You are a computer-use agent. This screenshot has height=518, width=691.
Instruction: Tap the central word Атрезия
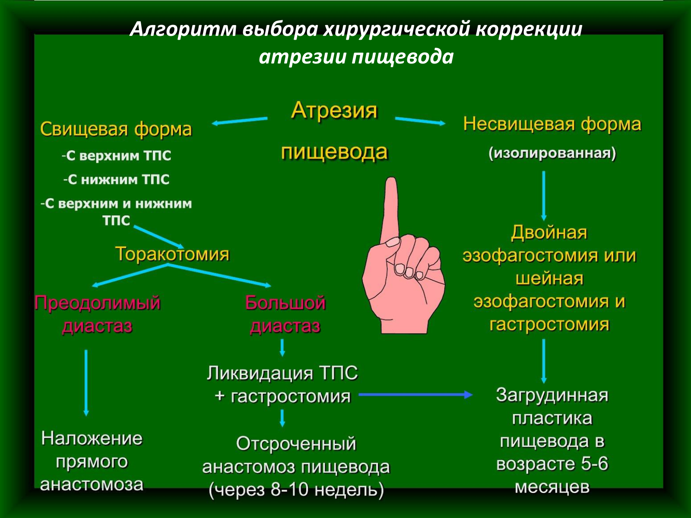click(334, 111)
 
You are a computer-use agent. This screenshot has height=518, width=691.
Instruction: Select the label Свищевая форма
click(116, 129)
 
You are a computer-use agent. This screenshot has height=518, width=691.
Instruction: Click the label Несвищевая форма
click(552, 124)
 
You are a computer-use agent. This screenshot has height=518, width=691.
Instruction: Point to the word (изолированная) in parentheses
click(552, 154)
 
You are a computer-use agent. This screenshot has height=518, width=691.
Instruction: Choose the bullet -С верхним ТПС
click(117, 156)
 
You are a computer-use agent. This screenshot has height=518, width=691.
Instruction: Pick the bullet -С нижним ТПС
click(117, 180)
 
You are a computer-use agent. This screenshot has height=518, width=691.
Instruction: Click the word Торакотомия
click(172, 254)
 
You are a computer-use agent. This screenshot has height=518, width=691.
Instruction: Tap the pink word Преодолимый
click(98, 303)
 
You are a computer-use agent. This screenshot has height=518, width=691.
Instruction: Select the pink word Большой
click(285, 303)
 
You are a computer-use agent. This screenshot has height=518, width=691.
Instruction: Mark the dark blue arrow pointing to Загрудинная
click(415, 395)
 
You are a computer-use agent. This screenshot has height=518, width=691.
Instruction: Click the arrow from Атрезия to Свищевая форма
click(239, 121)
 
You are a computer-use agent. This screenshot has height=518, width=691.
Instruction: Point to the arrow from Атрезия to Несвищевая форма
click(420, 121)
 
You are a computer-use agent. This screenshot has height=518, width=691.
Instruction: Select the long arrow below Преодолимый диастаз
click(86, 383)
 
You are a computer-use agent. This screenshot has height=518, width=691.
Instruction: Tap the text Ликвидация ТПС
click(282, 373)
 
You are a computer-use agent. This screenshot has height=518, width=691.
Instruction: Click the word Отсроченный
click(296, 444)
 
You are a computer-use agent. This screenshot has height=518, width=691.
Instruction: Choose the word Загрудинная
click(552, 395)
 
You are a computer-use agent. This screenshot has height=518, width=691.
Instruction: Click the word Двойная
click(549, 232)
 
